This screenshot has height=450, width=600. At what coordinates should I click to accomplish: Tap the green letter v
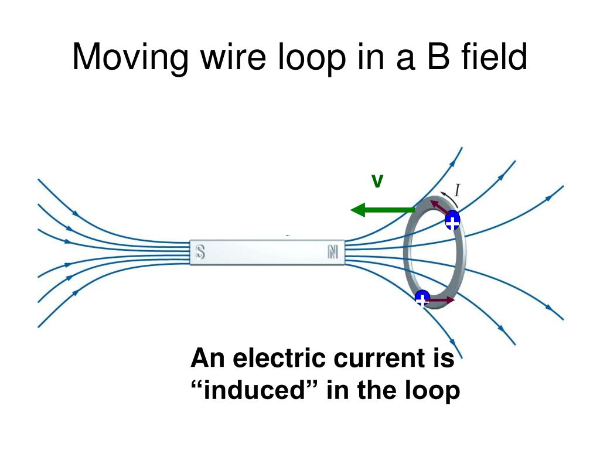coord(378,182)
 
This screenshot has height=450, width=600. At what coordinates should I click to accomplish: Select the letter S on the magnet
coord(200,252)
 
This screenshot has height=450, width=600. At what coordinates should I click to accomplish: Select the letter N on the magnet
coord(333,252)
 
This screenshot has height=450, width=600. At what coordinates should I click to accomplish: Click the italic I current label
coord(457,189)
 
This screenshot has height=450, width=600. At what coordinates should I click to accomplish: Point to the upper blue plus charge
coord(452,221)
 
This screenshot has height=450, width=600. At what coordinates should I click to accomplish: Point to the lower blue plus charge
coord(422,298)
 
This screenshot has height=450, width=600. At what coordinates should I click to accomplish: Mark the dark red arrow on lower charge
coord(442,300)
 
